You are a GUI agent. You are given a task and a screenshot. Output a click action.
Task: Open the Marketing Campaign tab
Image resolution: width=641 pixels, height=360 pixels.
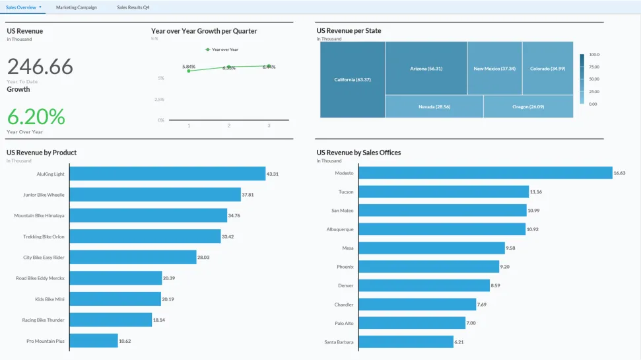76,7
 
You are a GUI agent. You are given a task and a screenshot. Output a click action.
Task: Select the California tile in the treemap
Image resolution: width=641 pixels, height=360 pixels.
353,79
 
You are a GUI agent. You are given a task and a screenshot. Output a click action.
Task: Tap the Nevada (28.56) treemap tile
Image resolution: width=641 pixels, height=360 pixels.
434,106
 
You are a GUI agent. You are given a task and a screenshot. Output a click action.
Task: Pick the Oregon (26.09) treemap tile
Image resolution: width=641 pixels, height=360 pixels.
528,106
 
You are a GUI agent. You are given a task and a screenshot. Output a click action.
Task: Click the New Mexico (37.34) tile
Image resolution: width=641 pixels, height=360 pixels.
494,69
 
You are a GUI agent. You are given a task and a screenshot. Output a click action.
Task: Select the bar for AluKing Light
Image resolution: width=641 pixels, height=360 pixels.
167,174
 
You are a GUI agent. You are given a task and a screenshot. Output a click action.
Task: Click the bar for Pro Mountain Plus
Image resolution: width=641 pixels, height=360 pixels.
93,341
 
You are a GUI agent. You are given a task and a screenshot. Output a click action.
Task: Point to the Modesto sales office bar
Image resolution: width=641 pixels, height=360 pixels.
485,173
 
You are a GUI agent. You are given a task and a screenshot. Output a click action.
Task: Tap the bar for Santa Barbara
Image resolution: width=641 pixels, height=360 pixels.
406,342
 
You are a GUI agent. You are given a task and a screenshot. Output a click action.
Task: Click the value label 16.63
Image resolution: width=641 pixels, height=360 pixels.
619,173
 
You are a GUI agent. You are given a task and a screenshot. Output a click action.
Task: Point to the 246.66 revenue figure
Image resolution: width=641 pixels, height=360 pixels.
40,67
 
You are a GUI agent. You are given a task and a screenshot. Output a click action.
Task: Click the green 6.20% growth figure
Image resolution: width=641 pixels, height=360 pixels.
36,117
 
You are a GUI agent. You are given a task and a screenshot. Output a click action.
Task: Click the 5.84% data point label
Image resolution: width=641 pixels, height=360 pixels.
189,67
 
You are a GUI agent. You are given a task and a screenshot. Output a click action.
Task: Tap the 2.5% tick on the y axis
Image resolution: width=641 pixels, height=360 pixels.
158,99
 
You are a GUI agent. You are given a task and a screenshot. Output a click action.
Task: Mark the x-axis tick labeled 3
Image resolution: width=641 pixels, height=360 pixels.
269,126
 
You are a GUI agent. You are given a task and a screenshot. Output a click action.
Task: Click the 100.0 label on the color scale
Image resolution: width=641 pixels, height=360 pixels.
593,55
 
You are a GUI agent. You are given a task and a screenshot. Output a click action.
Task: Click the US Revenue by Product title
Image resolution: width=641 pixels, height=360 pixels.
42,153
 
